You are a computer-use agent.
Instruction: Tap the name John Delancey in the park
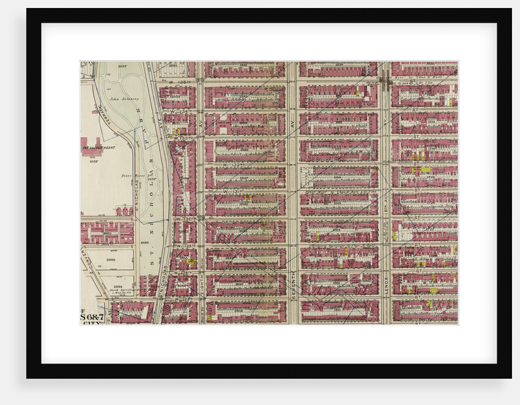(124, 98)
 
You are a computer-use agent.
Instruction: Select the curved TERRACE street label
(102, 114)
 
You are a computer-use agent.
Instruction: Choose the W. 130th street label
(185, 218)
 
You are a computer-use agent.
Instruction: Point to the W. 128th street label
(185, 273)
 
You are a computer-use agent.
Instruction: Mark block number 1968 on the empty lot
(112, 259)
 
